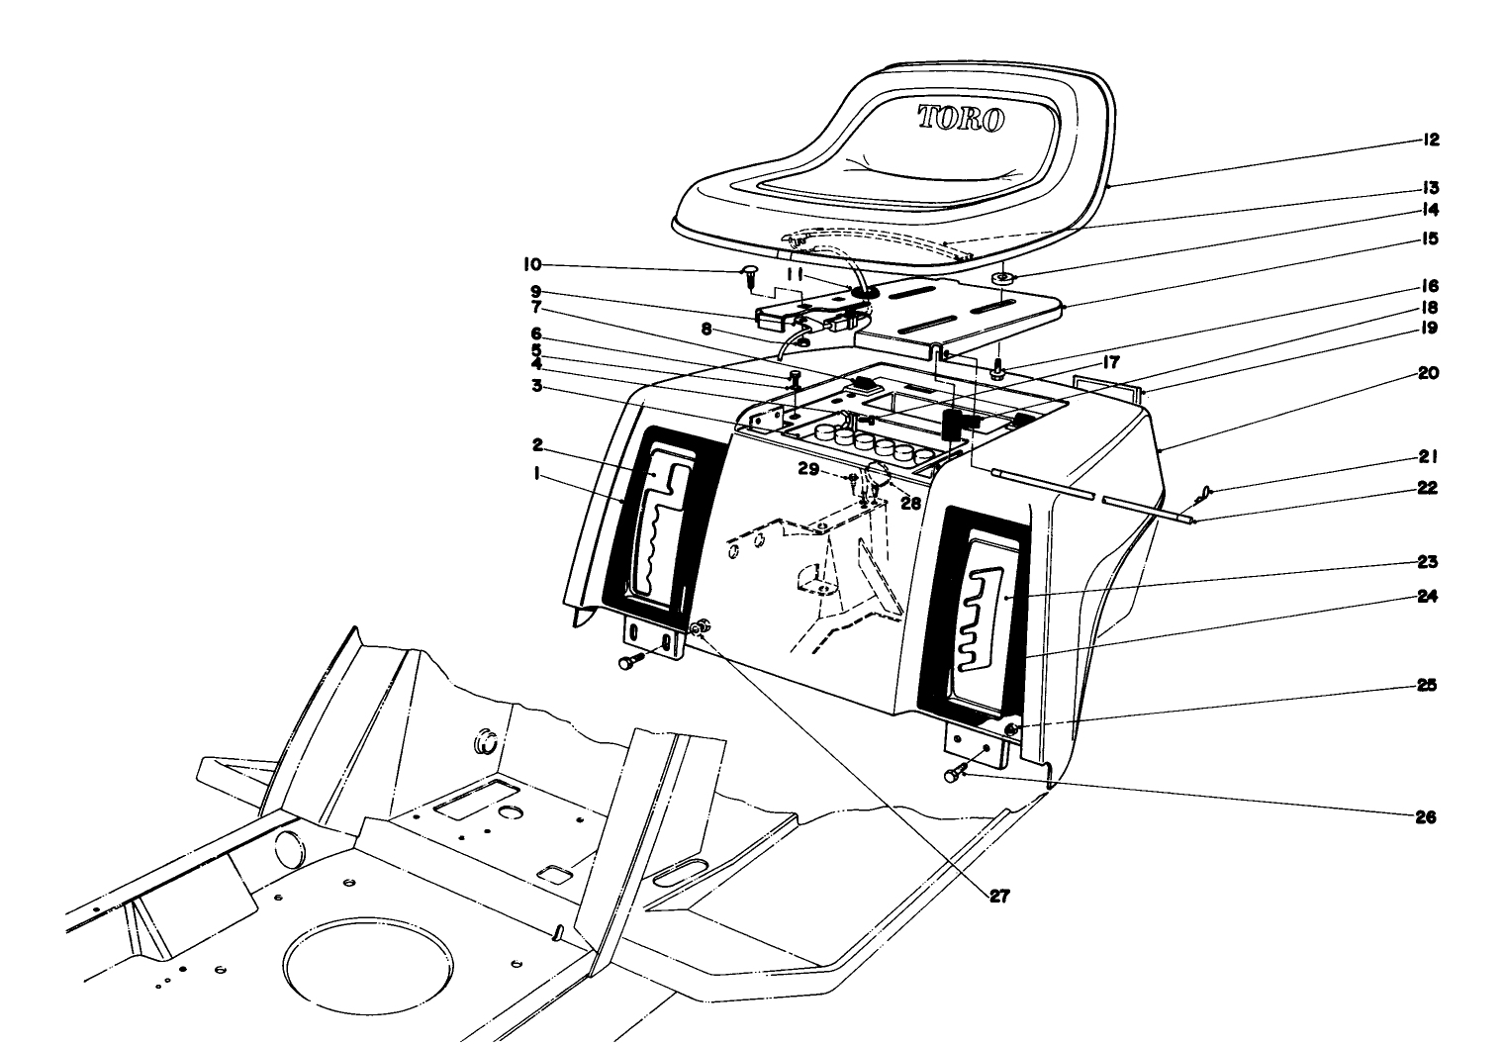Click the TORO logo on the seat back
[961, 119]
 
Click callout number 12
[1431, 141]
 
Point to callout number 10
[532, 265]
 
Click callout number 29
[809, 471]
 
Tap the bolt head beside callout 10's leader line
[750, 275]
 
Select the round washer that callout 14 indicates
[1004, 280]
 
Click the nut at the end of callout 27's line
[700, 627]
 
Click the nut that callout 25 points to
[1012, 729]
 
